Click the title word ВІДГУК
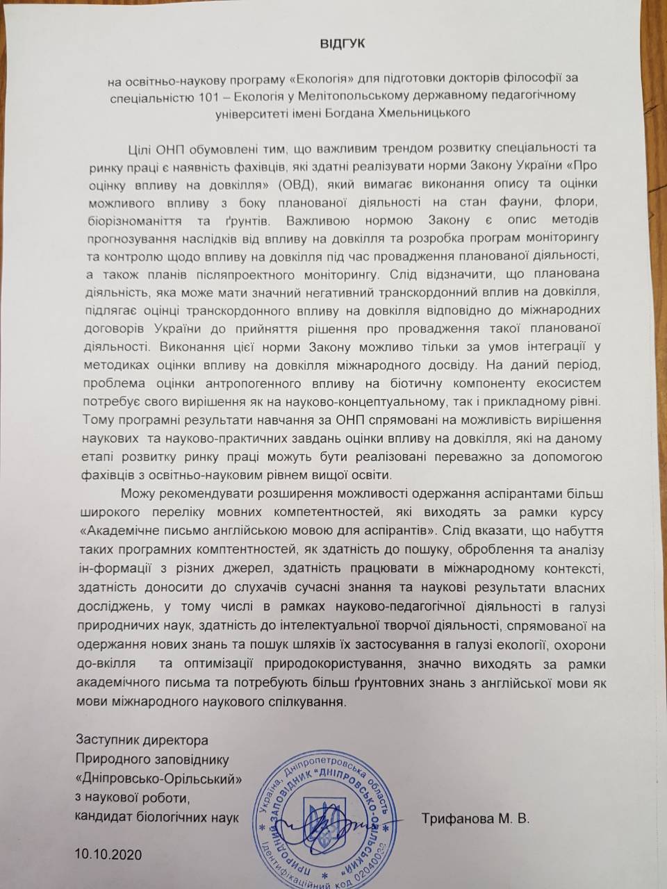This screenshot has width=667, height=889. pyautogui.click(x=339, y=44)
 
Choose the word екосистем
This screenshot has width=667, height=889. pyautogui.click(x=563, y=385)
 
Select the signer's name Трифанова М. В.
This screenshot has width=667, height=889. pyautogui.click(x=475, y=820)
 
